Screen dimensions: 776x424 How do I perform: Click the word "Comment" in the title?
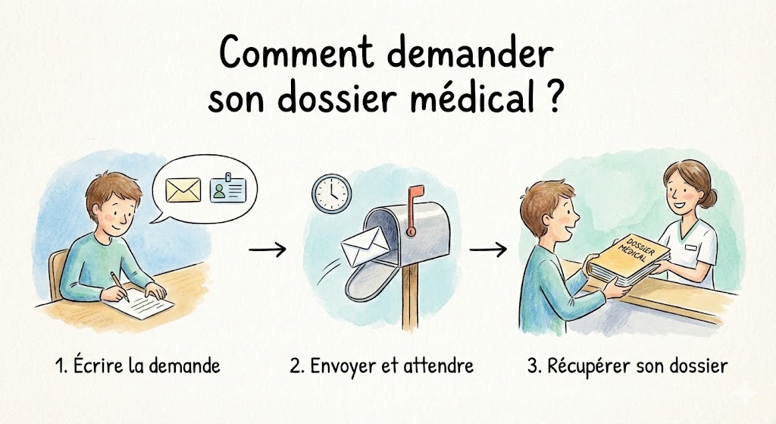pos(296,52)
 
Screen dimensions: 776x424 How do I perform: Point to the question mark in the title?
pos(554,96)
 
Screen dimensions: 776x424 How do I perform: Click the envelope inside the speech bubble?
pos(183,190)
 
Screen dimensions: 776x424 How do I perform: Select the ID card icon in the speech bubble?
pos(227,189)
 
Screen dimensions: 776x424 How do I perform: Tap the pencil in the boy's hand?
pos(120,286)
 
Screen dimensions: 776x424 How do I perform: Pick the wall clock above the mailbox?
pos(332,193)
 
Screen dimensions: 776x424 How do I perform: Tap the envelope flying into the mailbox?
pos(365,247)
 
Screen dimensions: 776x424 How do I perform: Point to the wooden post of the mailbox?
pos(410,298)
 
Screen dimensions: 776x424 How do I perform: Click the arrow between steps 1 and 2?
pos(268,249)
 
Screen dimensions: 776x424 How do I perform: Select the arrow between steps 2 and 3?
pos(488,249)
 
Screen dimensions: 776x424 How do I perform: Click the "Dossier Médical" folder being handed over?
pos(628,260)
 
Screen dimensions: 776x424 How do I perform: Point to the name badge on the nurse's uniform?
pos(691,247)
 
